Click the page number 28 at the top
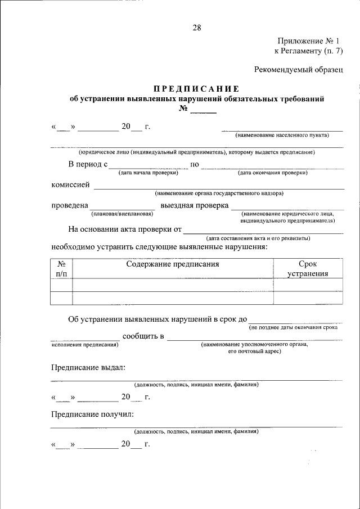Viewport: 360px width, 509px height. point(196,28)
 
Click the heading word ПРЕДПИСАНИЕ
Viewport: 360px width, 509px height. point(196,89)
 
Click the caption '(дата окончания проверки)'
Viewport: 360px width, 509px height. point(273,173)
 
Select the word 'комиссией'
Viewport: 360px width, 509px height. point(70,184)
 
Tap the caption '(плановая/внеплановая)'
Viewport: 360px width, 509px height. point(122,214)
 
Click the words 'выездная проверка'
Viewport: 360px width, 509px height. point(194,205)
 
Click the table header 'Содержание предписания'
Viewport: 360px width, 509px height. point(172,263)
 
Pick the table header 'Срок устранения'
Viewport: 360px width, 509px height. point(308,268)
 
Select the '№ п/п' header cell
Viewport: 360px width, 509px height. point(61,268)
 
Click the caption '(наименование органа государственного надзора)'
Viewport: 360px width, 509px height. point(219,193)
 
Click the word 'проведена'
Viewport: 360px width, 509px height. point(70,205)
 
